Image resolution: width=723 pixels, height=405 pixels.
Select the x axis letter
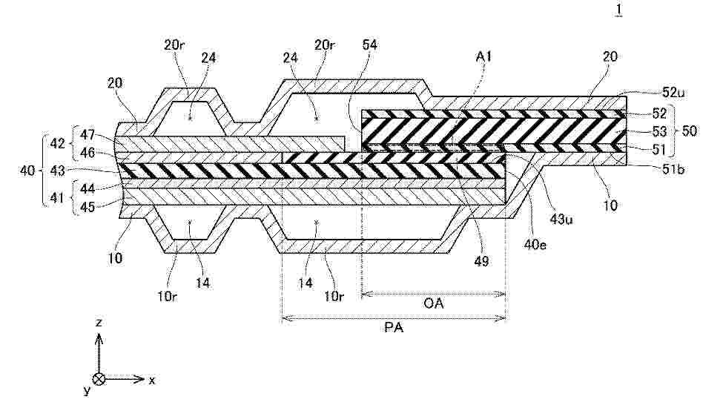[152, 379]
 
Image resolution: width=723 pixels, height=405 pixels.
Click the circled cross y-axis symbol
[99, 378]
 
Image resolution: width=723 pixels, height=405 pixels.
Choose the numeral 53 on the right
[658, 131]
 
